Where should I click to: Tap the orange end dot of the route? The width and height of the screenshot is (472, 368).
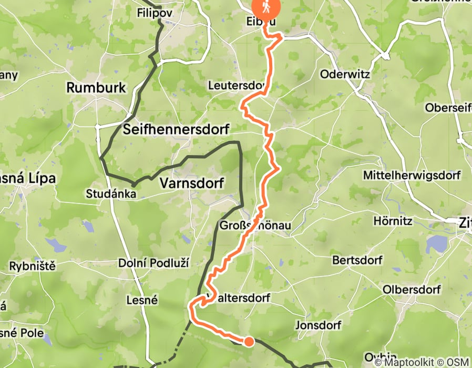coord(249,342)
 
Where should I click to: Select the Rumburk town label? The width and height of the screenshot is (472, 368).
coord(96,87)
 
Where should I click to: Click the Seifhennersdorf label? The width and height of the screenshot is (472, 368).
coord(178,130)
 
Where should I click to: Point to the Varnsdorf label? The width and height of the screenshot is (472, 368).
coord(191,183)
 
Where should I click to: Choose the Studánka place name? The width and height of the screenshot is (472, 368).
coord(112,194)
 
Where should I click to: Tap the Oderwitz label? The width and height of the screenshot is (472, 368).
coord(344,74)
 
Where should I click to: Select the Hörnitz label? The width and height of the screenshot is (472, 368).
coord(393,221)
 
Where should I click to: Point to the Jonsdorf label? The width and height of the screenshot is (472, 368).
coord(319,324)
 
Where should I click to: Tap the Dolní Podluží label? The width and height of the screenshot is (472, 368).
coord(153,263)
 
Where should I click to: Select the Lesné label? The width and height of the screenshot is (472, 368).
coord(142,300)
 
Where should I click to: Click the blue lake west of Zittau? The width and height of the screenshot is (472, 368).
coord(437,243)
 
